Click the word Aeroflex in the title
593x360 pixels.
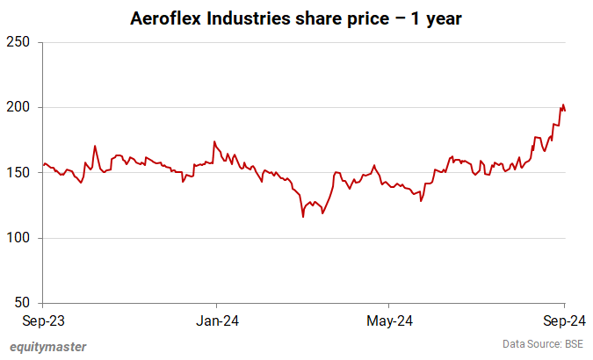pos(164,18)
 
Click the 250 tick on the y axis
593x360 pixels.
pos(19,42)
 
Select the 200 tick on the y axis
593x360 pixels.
pos(19,107)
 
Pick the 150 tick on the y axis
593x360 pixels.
pos(19,173)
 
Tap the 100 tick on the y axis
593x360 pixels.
pos(19,238)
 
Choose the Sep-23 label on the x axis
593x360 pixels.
pos(42,320)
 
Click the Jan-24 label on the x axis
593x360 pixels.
pos(216,320)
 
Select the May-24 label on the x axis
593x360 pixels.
pos(390,320)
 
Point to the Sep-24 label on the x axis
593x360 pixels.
pos(563,320)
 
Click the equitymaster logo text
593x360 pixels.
pos(49,346)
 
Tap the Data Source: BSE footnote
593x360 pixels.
pos(543,342)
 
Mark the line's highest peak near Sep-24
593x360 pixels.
pos(562,104)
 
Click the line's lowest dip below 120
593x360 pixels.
pos(303,217)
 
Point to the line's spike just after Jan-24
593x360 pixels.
pos(214,141)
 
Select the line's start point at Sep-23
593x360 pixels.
pos(42,165)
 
